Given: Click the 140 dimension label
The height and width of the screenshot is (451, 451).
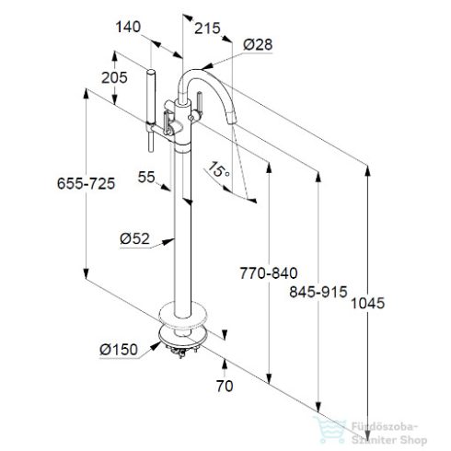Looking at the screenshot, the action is pos(128,27).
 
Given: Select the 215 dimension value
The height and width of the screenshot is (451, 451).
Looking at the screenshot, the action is pos(207,29).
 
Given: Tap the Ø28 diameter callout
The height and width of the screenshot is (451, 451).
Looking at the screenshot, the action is pos(258,44).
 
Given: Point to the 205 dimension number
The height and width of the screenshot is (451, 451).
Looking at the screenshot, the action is pos(114,77).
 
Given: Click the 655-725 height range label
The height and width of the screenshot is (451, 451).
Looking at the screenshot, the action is pos(86,183).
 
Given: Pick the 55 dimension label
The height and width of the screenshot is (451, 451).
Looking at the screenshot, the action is pos(146,177).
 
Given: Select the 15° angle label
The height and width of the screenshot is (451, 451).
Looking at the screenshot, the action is pos(219,170).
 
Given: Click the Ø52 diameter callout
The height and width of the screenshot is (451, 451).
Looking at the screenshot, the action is pos(134,238).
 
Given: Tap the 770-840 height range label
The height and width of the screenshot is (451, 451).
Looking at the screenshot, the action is pos(269,272).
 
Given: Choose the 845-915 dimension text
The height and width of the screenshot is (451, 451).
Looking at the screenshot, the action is pos(318,292).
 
